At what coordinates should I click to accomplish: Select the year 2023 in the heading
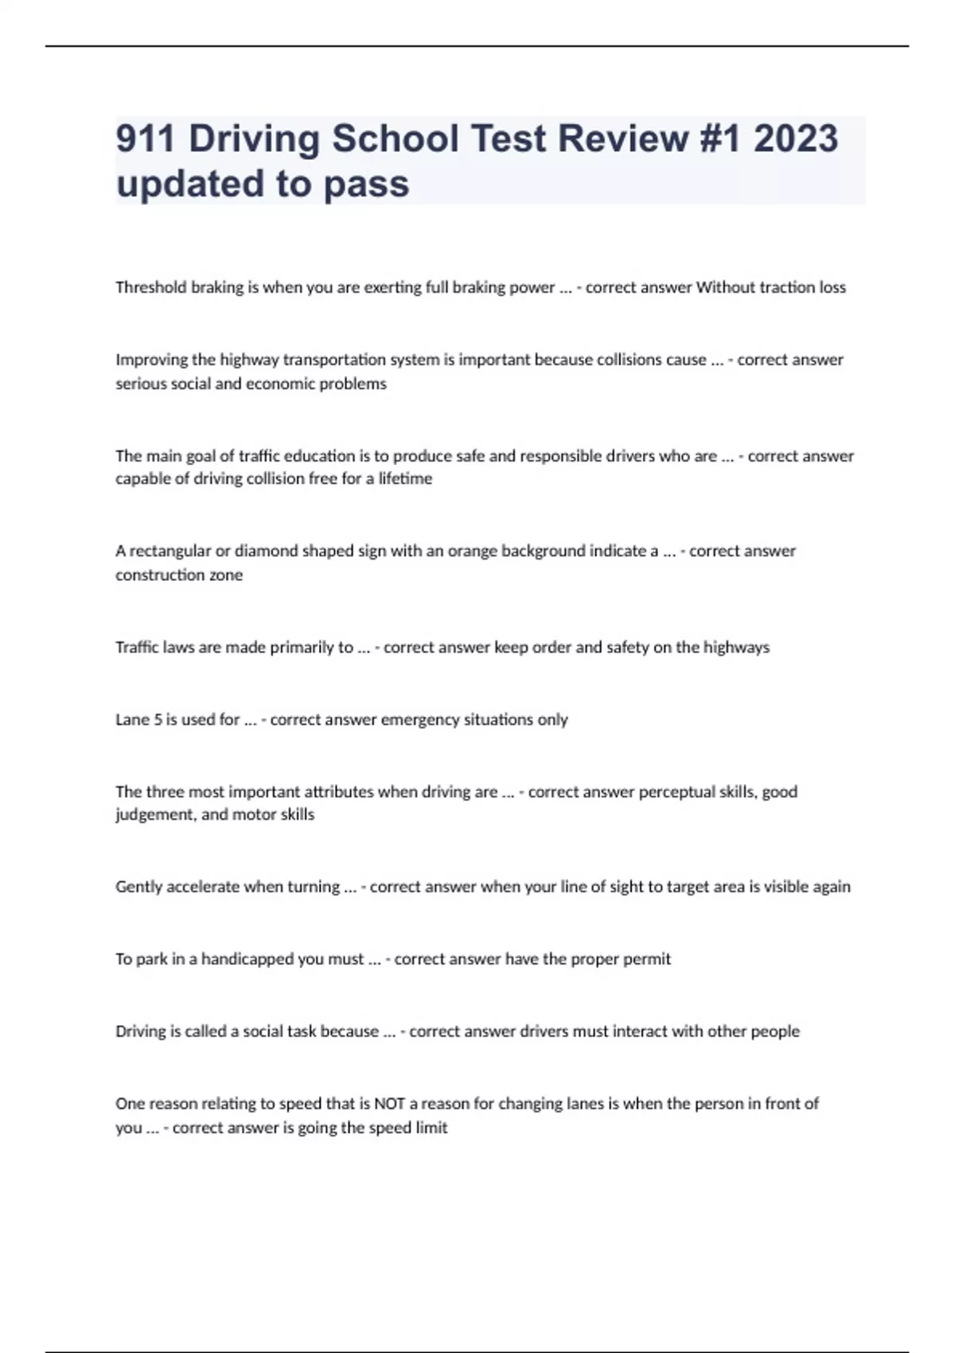[x=795, y=138]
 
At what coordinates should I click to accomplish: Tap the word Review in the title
[x=623, y=138]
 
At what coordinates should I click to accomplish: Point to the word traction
[x=787, y=287]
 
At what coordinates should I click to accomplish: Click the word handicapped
[x=248, y=959]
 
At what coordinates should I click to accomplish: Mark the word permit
[x=646, y=959]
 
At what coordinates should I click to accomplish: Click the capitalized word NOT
[x=390, y=1104]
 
